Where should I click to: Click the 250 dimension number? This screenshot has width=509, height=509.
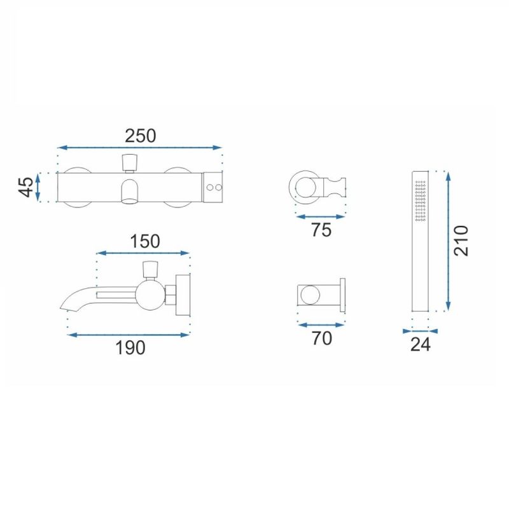pyautogui.click(x=140, y=136)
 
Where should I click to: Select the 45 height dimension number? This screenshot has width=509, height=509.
pyautogui.click(x=26, y=187)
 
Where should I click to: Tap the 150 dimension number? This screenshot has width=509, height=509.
pyautogui.click(x=145, y=242)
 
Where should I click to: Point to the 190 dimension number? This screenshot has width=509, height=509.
pyautogui.click(x=130, y=347)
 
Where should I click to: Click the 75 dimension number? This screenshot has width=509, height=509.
pyautogui.click(x=321, y=230)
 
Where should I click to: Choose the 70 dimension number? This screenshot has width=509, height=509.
pyautogui.click(x=322, y=338)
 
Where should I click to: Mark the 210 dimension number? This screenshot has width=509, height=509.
pyautogui.click(x=461, y=241)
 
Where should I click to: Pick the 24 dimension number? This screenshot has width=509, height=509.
pyautogui.click(x=421, y=345)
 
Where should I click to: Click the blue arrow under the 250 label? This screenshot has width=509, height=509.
pyautogui.click(x=139, y=148)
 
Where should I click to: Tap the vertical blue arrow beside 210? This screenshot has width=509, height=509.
pyautogui.click(x=448, y=241)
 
